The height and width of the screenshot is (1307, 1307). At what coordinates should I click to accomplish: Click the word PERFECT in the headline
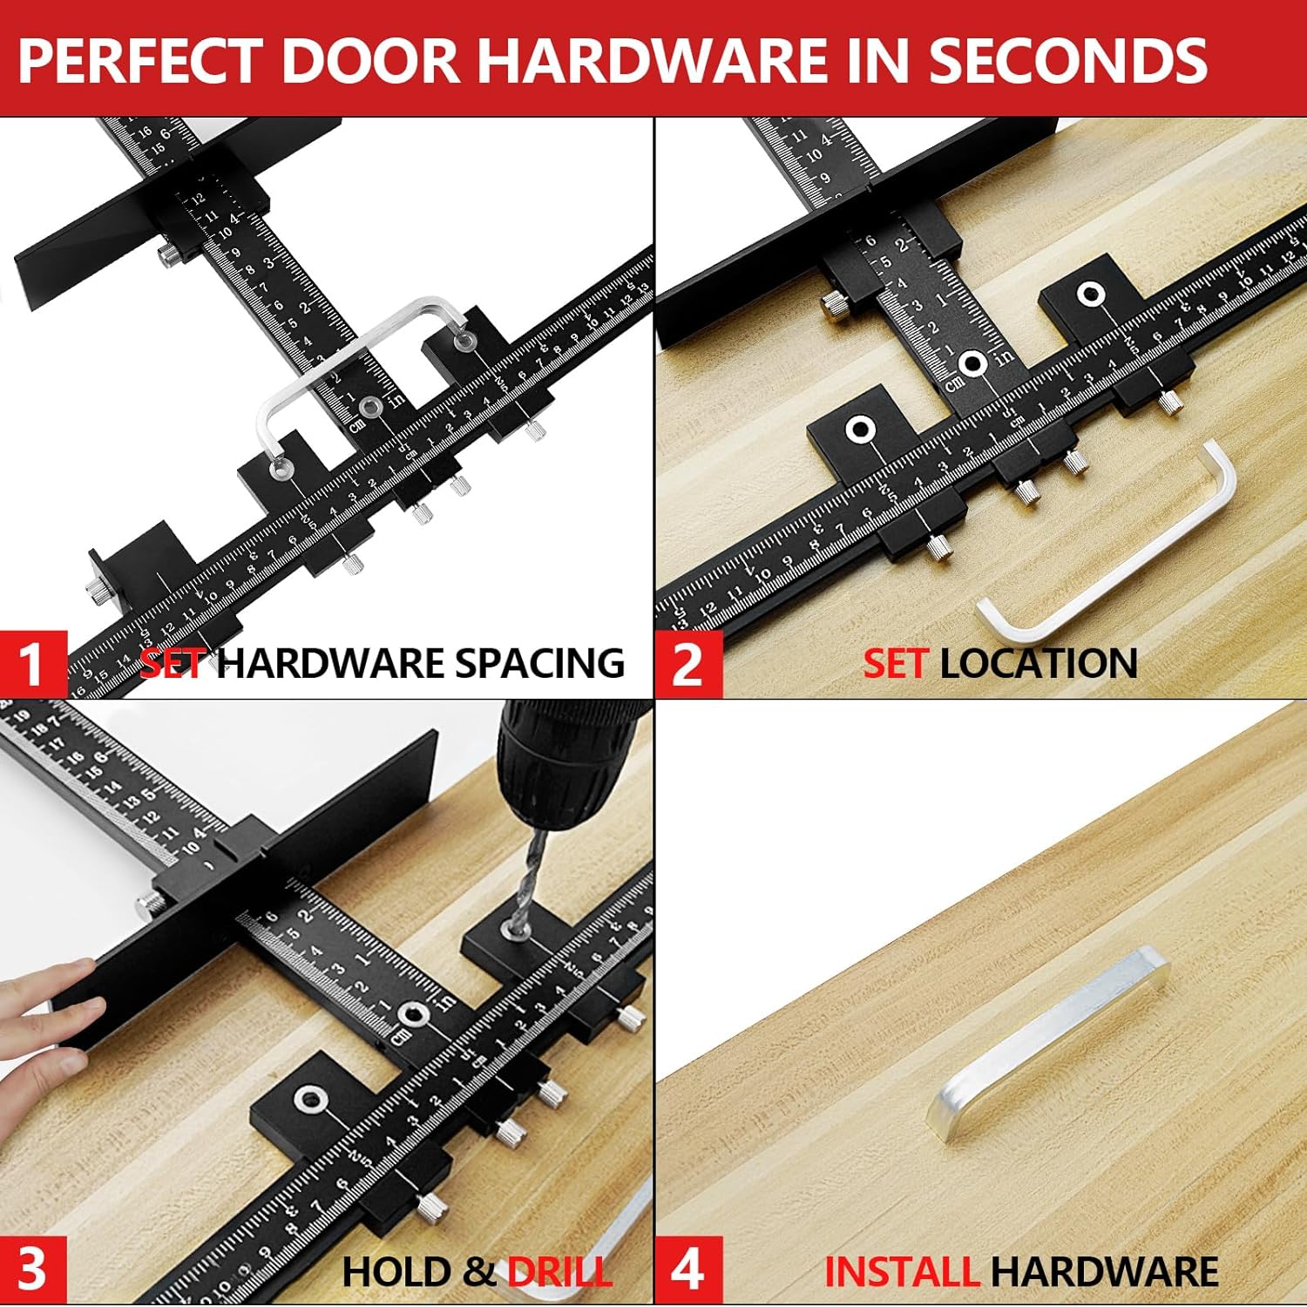coord(139,60)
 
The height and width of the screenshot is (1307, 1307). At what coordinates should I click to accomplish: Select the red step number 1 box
coord(32,664)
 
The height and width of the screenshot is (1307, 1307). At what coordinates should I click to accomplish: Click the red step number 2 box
coord(688,664)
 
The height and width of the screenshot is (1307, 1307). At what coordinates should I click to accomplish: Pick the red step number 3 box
coord(32,1270)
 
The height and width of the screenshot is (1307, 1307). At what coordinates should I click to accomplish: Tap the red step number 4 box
coord(688,1270)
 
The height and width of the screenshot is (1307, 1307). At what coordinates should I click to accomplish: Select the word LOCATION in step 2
coord(1039,664)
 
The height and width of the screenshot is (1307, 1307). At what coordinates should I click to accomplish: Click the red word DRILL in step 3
coord(559,1272)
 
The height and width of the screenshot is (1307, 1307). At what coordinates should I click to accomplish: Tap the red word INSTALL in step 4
coord(902,1272)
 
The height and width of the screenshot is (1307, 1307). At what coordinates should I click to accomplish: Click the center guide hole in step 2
coord(972,363)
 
